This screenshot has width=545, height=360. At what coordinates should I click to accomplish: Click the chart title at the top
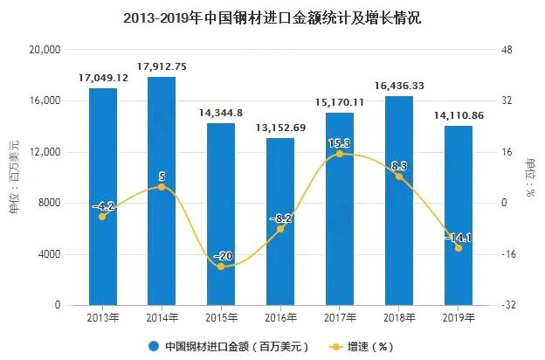[272, 17]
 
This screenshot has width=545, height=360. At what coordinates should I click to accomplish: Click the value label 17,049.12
[103, 78]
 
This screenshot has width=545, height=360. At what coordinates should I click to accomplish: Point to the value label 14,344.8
[221, 113]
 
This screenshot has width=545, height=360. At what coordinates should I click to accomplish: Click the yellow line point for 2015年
[221, 267]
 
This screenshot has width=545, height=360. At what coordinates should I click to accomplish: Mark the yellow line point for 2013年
[102, 216]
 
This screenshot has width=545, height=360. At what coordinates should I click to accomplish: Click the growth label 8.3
[399, 165]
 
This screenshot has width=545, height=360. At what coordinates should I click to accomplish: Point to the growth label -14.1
[458, 237]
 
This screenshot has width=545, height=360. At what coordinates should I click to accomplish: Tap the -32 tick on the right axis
[507, 306]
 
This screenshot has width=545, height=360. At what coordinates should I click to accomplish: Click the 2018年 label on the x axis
[399, 319]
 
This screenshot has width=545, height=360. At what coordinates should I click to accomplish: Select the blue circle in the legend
[153, 346]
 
